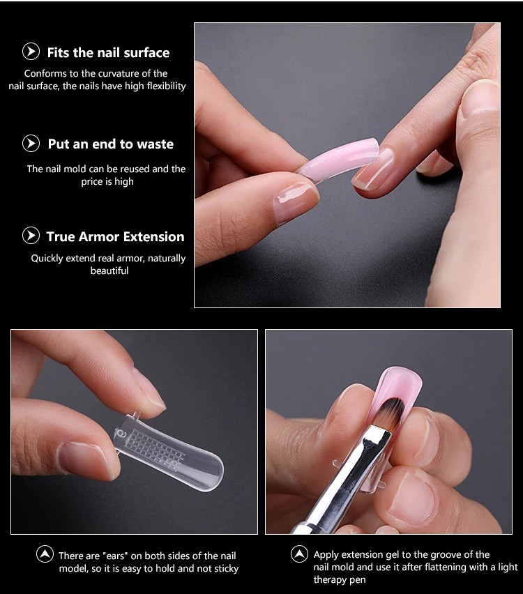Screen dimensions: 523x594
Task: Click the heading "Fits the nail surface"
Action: point(108,53)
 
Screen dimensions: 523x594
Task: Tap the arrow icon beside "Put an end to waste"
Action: point(31,144)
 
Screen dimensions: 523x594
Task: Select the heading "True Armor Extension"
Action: point(115,237)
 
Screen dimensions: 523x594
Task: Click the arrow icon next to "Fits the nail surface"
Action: point(31,52)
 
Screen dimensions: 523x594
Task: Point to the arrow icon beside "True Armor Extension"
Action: point(31,235)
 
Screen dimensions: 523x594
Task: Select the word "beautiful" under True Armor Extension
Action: point(109,271)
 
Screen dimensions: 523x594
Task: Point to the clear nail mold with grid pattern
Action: point(169,451)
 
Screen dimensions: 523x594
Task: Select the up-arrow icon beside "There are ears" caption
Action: point(45,554)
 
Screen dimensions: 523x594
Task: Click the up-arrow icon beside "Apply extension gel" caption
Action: point(299,554)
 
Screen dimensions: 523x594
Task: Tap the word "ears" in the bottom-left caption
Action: point(115,556)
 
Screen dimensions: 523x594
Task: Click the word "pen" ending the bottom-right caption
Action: point(358,580)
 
